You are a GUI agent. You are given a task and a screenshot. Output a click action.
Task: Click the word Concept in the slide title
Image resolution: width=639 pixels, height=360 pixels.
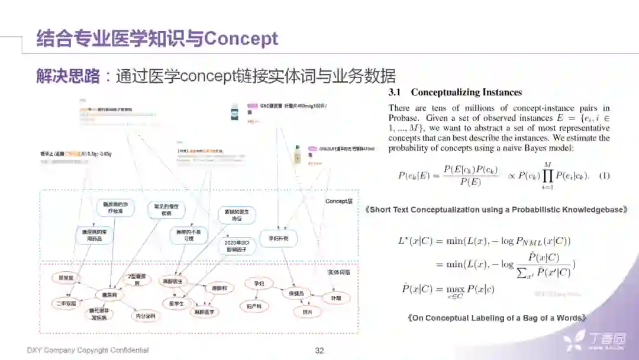pyautogui.click(x=241, y=39)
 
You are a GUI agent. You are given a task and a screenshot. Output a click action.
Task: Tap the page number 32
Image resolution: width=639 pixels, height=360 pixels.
pyautogui.click(x=319, y=351)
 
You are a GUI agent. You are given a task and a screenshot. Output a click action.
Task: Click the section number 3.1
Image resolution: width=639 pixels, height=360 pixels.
pyautogui.click(x=395, y=92)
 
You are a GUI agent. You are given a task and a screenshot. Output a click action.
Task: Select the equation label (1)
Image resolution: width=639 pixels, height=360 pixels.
pyautogui.click(x=604, y=176)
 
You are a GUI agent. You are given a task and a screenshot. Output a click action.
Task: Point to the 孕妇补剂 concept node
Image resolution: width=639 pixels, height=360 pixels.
pyautogui.click(x=277, y=239)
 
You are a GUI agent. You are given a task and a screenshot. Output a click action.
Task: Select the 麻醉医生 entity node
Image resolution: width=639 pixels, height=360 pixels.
pyautogui.click(x=173, y=281)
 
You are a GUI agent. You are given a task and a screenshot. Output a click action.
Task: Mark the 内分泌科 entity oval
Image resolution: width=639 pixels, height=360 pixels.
pyautogui.click(x=144, y=316)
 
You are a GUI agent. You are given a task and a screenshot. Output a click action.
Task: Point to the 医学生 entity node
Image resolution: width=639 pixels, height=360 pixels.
pyautogui.click(x=176, y=303)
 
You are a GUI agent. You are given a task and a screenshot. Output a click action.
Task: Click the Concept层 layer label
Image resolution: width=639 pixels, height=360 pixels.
pyautogui.click(x=338, y=201)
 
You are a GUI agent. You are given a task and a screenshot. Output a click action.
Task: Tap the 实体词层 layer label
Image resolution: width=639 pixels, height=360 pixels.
pyautogui.click(x=339, y=272)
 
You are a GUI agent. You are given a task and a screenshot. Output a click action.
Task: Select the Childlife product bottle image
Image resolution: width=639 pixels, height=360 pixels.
pyautogui.click(x=296, y=155)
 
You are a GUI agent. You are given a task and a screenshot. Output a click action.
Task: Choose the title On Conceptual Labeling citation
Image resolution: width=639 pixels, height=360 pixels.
pyautogui.click(x=497, y=318)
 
